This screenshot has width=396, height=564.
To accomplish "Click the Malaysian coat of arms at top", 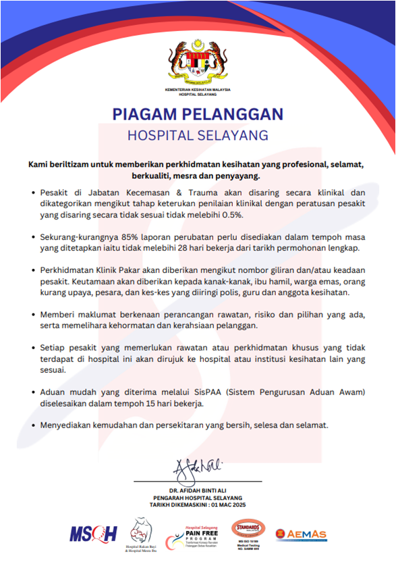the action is (198, 64).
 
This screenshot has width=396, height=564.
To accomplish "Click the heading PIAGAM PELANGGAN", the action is (198, 113).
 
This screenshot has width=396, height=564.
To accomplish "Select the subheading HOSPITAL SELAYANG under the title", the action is (198, 134).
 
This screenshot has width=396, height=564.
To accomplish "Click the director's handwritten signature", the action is (197, 467).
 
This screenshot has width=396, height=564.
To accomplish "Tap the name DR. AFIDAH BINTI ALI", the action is (198, 490).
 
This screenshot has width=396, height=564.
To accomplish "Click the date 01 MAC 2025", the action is (223, 504).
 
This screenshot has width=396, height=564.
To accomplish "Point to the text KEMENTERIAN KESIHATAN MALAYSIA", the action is (198, 89).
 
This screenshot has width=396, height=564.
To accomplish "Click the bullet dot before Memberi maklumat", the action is (34, 315).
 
